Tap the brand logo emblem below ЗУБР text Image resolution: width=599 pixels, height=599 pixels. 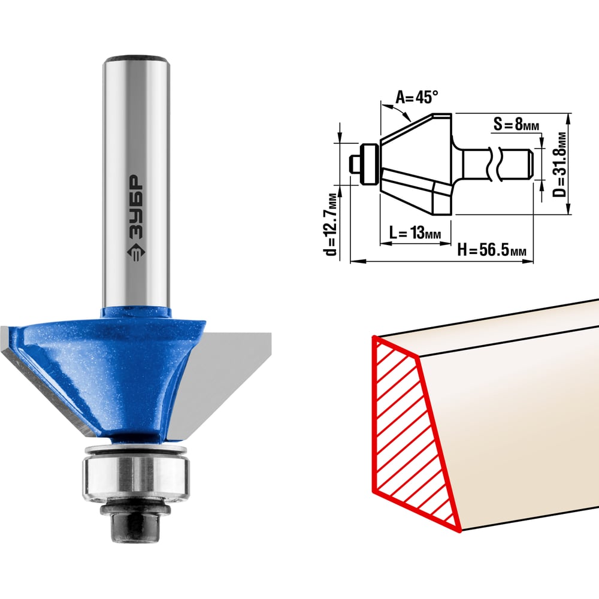pos(135,253)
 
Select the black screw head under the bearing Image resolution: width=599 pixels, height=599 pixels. pos(135,524)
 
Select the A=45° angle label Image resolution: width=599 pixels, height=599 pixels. pos(416,97)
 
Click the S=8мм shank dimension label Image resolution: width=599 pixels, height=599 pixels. pos(516,124)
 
